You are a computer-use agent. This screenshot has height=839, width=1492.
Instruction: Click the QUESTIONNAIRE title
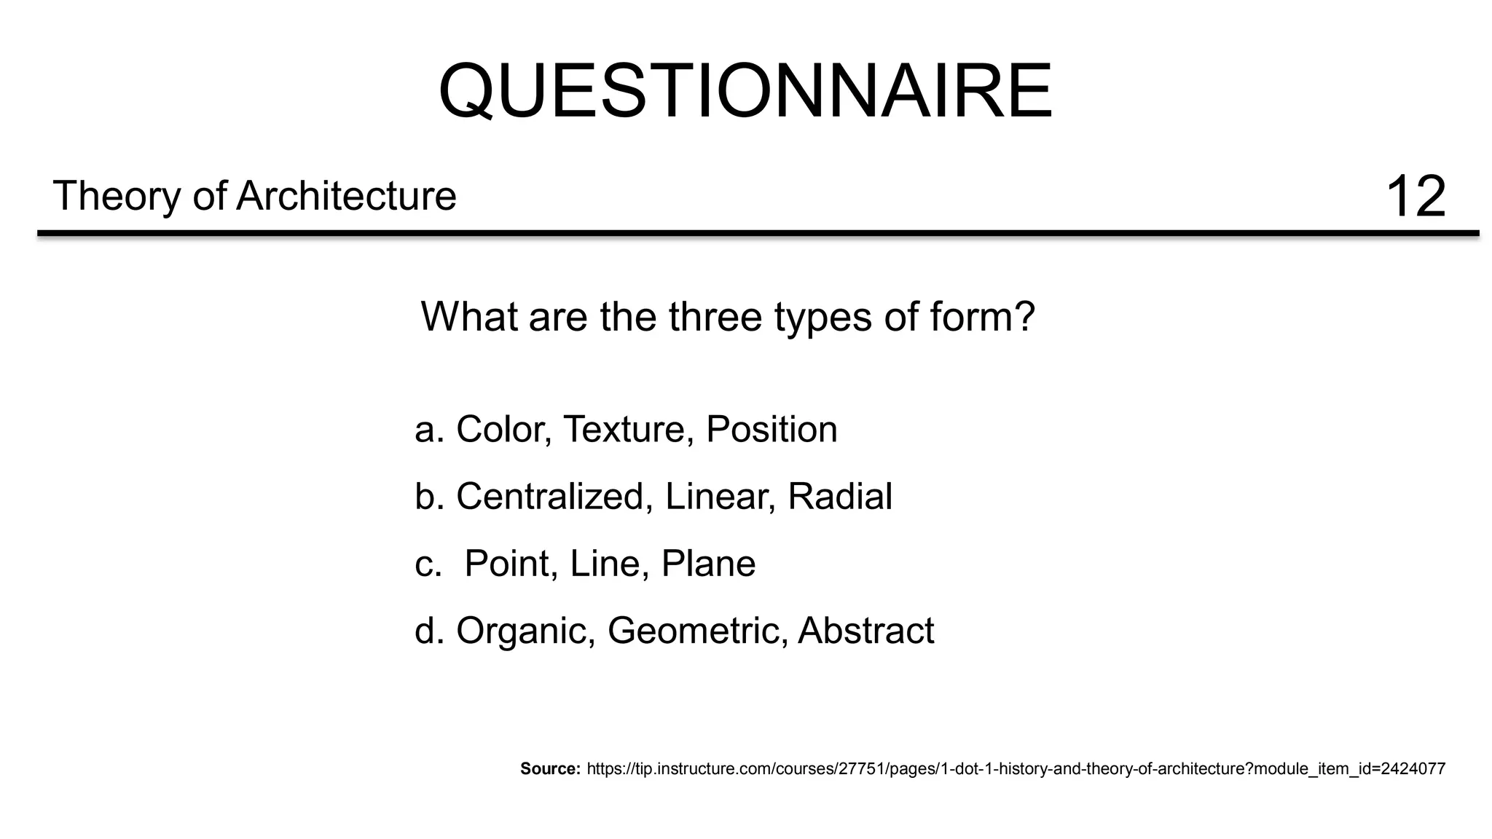(745, 91)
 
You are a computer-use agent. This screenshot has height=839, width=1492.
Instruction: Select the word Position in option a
(771, 429)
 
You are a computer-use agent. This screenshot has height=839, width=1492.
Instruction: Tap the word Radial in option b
(840, 497)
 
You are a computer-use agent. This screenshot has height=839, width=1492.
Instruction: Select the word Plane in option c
(708, 564)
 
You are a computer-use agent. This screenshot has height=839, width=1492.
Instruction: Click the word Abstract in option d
(865, 631)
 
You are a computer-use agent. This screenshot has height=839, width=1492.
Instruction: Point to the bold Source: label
(550, 768)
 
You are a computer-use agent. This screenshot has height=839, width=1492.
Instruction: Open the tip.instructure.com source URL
(1016, 768)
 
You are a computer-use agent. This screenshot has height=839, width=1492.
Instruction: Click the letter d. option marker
(429, 631)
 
